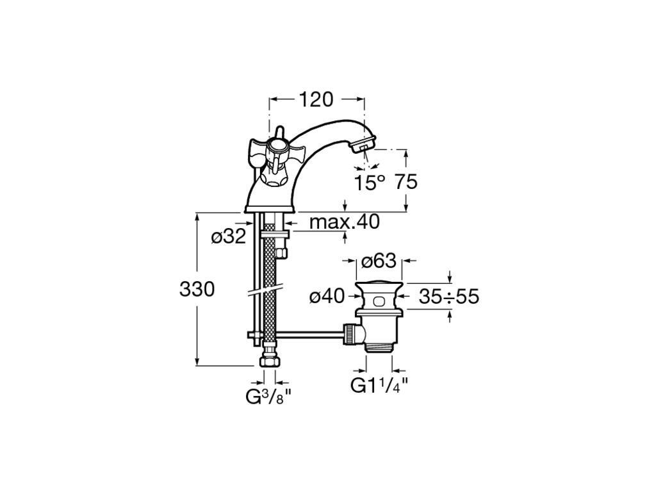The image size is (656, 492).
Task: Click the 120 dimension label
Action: [316, 99]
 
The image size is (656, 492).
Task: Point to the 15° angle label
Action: [370, 183]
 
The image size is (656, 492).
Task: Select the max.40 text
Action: [344, 222]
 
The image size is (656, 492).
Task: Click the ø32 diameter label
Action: [229, 237]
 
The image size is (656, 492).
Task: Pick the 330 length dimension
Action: [197, 289]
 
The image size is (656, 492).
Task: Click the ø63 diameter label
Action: [379, 261]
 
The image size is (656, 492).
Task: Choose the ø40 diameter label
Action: [327, 297]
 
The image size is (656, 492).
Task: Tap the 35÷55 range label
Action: [449, 297]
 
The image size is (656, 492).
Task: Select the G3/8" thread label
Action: [268, 397]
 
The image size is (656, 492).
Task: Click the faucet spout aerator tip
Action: [365, 145]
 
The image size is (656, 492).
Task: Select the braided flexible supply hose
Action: [270, 289]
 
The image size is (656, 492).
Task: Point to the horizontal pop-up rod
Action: [309, 334]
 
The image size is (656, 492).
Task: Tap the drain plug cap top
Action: [379, 285]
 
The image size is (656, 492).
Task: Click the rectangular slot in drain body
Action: [379, 300]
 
